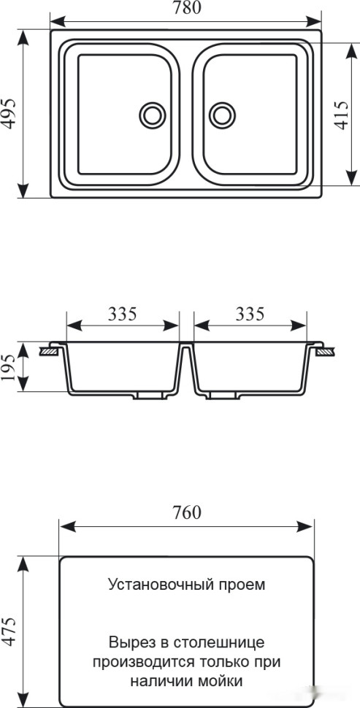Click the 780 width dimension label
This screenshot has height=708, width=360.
point(185,8)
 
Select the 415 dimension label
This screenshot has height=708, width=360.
point(342,115)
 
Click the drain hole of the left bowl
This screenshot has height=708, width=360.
point(153,115)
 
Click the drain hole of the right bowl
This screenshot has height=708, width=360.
point(222,115)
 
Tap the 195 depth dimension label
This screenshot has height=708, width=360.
point(9,367)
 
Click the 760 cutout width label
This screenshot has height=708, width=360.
point(186,512)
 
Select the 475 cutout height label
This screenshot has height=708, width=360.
point(10,631)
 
